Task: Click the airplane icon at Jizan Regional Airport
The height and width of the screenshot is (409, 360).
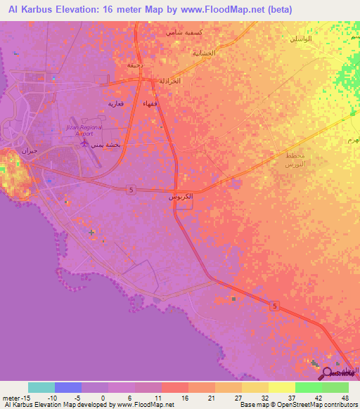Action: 85,143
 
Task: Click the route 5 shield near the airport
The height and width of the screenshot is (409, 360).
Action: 131,190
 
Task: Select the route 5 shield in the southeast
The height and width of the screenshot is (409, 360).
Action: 274,304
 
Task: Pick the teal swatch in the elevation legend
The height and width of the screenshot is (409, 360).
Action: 41,387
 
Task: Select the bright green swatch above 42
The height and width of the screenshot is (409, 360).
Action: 308,387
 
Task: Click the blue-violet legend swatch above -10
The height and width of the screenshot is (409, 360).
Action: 68,387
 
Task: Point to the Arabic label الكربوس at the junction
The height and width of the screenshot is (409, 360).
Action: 181,199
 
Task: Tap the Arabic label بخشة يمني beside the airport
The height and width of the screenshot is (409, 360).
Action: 115,143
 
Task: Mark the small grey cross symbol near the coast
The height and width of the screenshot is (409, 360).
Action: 91,231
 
